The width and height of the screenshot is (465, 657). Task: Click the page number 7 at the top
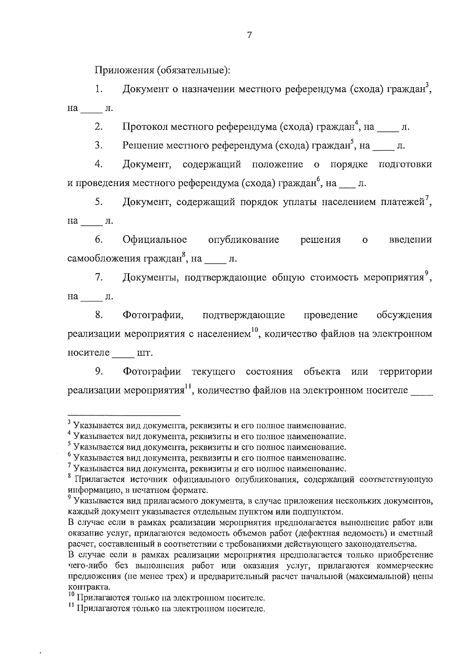pos(249,35)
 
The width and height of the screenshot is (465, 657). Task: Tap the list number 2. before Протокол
pos(98,127)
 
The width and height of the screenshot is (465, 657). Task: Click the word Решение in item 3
pos(142,146)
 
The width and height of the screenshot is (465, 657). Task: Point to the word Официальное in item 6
pos(155,240)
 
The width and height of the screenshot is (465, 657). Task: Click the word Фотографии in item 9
pos(152,372)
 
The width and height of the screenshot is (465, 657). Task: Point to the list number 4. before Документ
pos(98,165)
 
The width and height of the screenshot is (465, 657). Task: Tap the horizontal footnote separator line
pos(124,415)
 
